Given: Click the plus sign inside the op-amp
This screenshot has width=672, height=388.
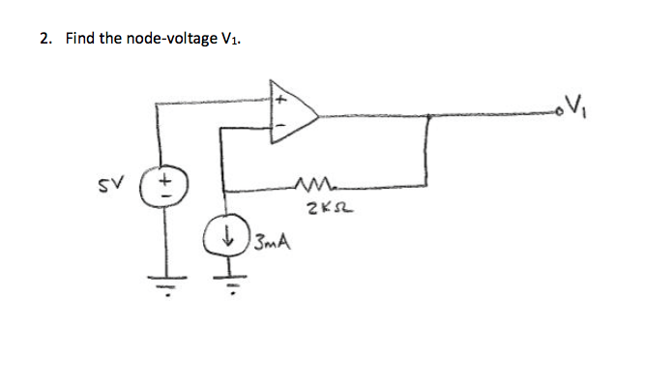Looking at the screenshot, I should pos(282,100).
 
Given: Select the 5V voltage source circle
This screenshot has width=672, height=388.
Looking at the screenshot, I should pos(165,185).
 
